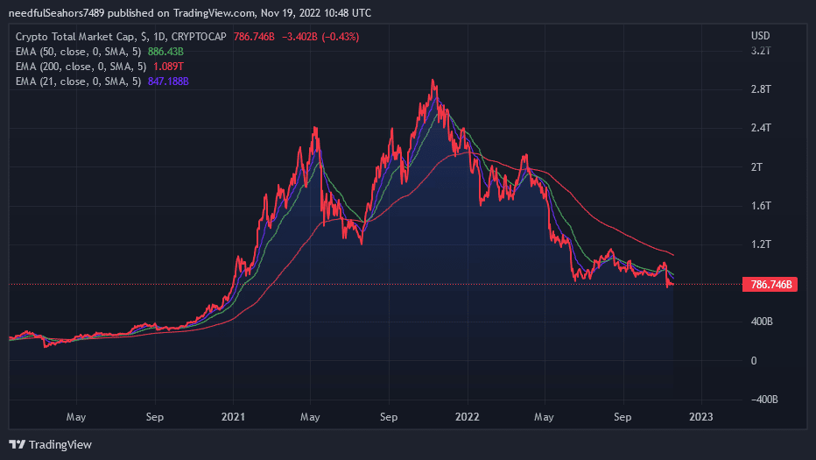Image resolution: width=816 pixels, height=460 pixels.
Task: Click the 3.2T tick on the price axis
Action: [760, 51]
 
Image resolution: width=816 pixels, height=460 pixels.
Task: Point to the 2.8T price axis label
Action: [760, 89]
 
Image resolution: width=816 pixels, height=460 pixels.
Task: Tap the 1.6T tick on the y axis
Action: [760, 205]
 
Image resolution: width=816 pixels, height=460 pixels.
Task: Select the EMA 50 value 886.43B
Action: [165, 52]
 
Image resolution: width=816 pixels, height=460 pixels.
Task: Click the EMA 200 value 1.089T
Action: [168, 67]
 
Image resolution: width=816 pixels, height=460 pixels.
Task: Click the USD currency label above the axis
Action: [760, 36]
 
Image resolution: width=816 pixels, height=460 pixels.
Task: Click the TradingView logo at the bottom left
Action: [50, 444]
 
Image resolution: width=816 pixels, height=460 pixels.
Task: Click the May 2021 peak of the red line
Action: [314, 128]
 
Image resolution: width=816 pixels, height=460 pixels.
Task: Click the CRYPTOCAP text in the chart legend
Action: [200, 37]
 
